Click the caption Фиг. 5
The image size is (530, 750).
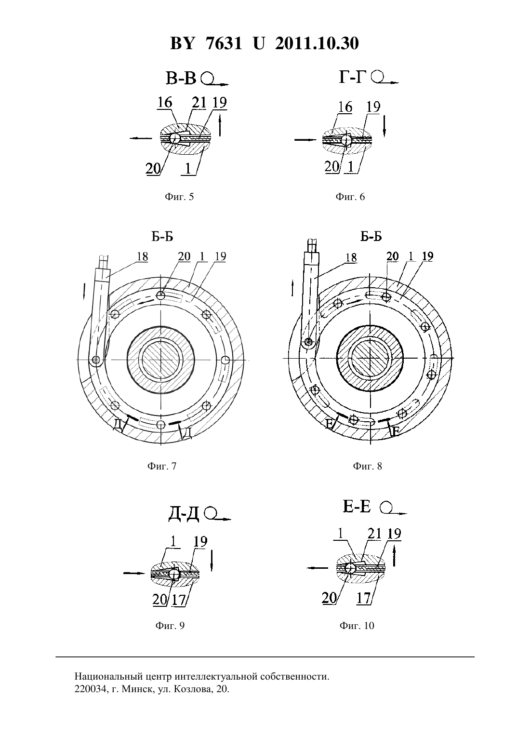pyautogui.click(x=179, y=197)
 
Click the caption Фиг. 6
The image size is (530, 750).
pyautogui.click(x=350, y=197)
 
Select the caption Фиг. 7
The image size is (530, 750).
pyautogui.click(x=161, y=466)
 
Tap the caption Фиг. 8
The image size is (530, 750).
pyautogui.click(x=367, y=466)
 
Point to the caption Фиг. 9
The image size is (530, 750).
pyautogui.click(x=170, y=626)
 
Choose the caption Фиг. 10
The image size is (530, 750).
pyautogui.click(x=357, y=626)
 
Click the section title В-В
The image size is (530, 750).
pyautogui.click(x=181, y=79)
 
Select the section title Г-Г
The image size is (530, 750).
pyautogui.click(x=352, y=77)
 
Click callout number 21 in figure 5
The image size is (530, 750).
pyautogui.click(x=199, y=103)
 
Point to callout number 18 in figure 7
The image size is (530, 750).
pyautogui.click(x=142, y=257)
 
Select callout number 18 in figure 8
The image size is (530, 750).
pyautogui.click(x=351, y=257)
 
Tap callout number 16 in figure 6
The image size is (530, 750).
pyautogui.click(x=345, y=107)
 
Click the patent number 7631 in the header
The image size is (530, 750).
pyautogui.click(x=224, y=43)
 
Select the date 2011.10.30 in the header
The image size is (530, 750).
pyautogui.click(x=317, y=43)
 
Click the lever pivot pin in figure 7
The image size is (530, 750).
pyautogui.click(x=96, y=360)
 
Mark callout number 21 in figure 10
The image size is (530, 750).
pyautogui.click(x=374, y=534)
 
